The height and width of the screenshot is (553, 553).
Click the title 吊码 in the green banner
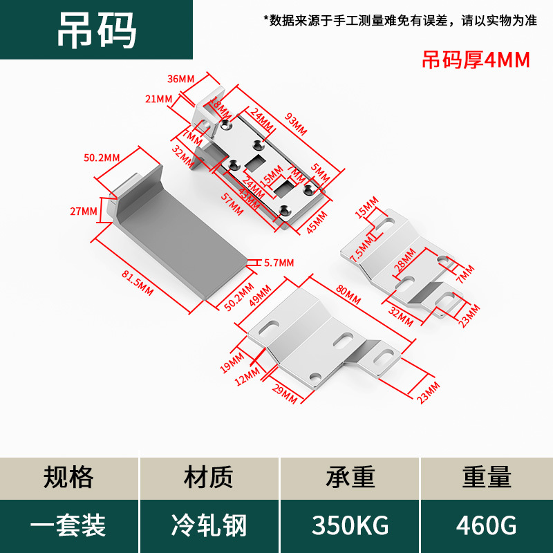pyautogui.click(x=97, y=29)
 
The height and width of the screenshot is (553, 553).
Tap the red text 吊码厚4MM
pyautogui.click(x=476, y=61)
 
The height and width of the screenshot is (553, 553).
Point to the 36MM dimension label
pyautogui.click(x=182, y=79)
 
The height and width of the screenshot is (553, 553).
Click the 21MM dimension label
pyautogui.click(x=159, y=99)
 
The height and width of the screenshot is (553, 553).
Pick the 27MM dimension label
pyautogui.click(x=84, y=211)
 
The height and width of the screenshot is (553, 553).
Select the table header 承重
pyautogui.click(x=350, y=478)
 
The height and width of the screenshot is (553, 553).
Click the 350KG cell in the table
pyautogui.click(x=350, y=525)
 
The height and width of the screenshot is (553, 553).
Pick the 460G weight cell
pyautogui.click(x=487, y=525)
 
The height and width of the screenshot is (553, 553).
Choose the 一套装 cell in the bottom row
pyautogui.click(x=68, y=525)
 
